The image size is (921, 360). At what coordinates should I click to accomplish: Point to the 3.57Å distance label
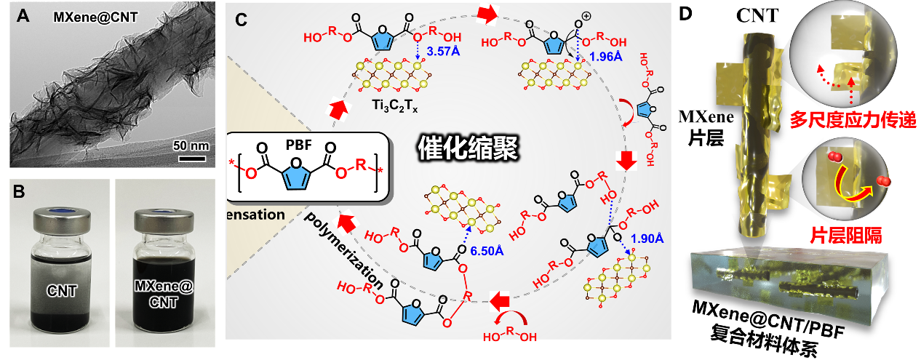(442, 52)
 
